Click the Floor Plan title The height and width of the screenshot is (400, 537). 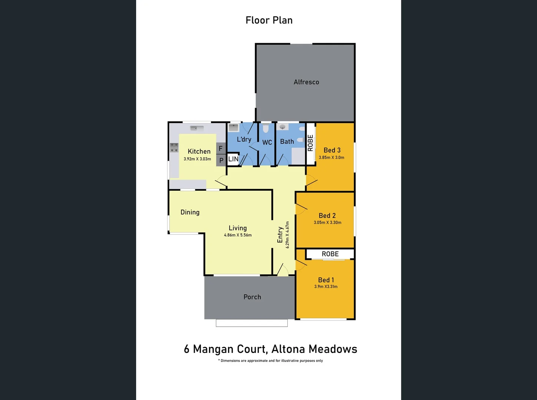tap(269, 20)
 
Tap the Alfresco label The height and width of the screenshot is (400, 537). tap(306, 82)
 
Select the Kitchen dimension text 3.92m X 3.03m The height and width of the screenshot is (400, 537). tap(197, 159)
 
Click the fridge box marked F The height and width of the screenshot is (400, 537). tap(221, 149)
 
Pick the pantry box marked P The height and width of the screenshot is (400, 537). tap(221, 160)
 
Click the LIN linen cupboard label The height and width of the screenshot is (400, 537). tap(233, 159)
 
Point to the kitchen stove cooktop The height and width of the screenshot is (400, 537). tap(174, 147)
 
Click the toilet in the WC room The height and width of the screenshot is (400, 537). tap(266, 129)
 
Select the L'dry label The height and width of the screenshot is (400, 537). tap(244, 139)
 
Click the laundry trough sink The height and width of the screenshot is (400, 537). tap(234, 128)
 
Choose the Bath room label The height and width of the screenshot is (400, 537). tap(287, 141)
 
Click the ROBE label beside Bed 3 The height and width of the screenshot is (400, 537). tap(310, 143)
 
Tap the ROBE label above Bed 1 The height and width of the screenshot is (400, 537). tap(330, 254)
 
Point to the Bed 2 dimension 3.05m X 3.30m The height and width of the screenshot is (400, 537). tap(327, 223)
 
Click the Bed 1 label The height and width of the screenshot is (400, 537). tap(326, 280)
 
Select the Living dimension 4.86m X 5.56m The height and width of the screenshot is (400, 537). tap(238, 235)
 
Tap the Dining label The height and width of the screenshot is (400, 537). tap(190, 212)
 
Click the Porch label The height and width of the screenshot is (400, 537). tap(252, 297)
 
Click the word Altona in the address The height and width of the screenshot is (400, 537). tap(288, 349)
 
